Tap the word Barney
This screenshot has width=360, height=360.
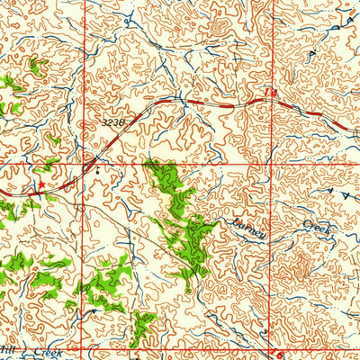coord(249,229)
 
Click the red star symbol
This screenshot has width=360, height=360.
coord(40,184)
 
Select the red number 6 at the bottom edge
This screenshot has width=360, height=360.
coord(279,354)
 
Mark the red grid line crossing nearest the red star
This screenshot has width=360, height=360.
coord(86,165)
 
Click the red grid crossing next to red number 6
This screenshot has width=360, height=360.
coord(270,350)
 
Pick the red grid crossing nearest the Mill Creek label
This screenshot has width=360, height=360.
coord(86,350)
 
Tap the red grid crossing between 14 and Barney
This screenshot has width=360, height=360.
coord(269,165)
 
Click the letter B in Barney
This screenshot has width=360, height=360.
coord(236,222)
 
